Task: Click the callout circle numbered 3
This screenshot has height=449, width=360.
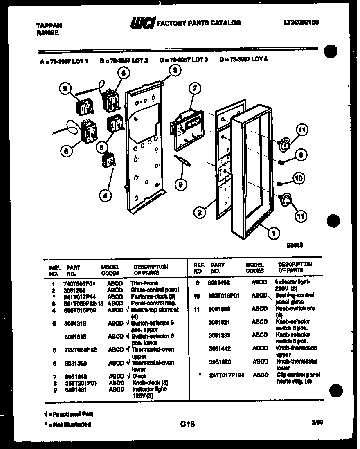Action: [x=175, y=70]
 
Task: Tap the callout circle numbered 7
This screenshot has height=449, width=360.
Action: [x=195, y=88]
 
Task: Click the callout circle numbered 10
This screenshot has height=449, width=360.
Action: [x=299, y=178]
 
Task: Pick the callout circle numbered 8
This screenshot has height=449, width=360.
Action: [x=301, y=155]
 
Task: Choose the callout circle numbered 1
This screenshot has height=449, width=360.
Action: [x=273, y=233]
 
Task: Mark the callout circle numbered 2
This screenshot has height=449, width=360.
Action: [x=199, y=212]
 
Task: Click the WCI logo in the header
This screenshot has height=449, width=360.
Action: [x=142, y=24]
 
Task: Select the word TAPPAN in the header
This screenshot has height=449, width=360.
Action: [x=46, y=25]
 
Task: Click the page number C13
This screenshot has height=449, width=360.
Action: [x=187, y=424]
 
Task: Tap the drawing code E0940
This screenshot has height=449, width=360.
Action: [x=294, y=245]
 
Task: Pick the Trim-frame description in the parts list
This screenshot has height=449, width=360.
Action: [x=144, y=283]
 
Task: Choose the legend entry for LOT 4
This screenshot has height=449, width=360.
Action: [x=243, y=59]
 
